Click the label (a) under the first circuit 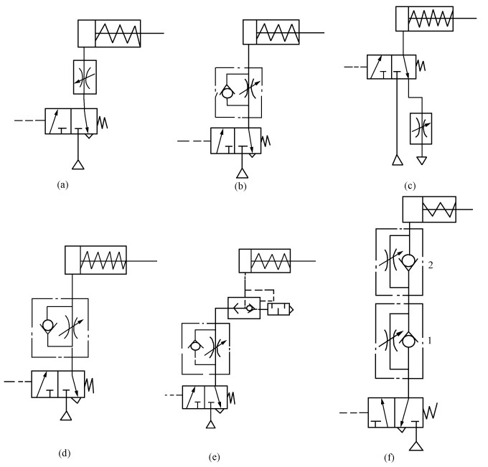click(x=62, y=184)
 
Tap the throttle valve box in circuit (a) click(x=85, y=74)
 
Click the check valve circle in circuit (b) click(x=226, y=93)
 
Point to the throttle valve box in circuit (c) click(x=420, y=128)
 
